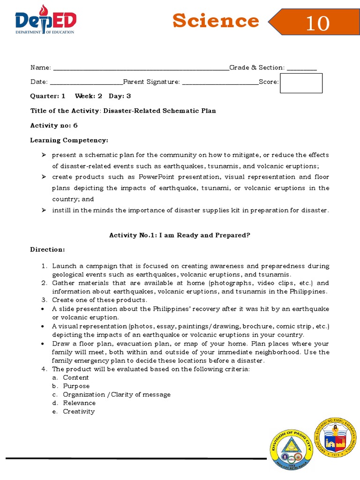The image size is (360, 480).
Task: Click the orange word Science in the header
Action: (215, 21)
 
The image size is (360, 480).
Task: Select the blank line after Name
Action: (141, 68)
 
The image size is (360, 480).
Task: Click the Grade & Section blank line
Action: (301, 68)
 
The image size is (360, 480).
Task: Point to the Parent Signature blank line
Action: (220, 82)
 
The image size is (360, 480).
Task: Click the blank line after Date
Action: (86, 82)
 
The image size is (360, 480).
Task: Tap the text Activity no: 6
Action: (54, 126)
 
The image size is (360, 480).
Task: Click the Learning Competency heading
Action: (69, 140)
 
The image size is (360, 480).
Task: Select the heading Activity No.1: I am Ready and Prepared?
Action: (180, 235)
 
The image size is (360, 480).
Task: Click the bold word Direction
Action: (47, 249)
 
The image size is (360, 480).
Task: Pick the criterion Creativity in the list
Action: (79, 412)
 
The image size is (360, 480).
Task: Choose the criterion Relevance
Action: (79, 403)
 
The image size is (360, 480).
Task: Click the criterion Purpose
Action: (76, 386)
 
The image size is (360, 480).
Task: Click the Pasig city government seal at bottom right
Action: (334, 437)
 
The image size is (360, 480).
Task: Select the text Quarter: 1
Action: (48, 96)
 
